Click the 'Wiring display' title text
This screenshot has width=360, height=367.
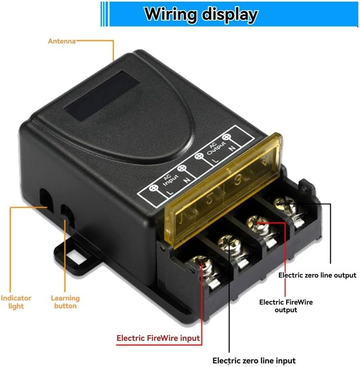click(x=201, y=14)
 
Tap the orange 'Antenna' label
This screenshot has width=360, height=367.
click(x=62, y=41)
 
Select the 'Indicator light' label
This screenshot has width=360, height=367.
click(x=16, y=302)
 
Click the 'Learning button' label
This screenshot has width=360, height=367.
click(x=65, y=302)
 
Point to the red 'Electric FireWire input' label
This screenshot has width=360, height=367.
click(x=158, y=338)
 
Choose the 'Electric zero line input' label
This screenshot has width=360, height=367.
click(x=254, y=361)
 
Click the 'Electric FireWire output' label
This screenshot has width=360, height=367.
click(x=286, y=306)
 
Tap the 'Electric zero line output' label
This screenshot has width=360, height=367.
click(x=317, y=276)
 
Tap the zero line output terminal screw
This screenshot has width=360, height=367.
click(x=283, y=203)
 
